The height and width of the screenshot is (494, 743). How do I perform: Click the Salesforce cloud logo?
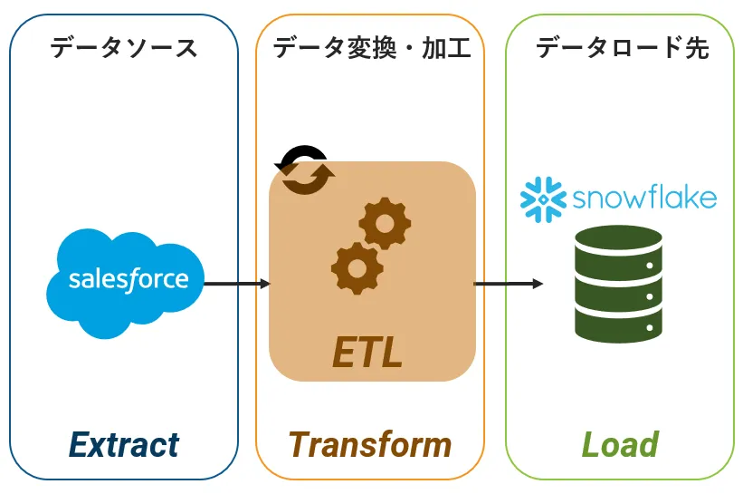(x=125, y=284)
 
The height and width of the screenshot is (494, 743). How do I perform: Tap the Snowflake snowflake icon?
(x=543, y=199)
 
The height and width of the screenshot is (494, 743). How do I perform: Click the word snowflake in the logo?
(x=644, y=198)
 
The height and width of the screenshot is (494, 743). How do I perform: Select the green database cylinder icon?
(x=618, y=284)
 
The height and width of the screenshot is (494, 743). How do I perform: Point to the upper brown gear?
(x=385, y=223)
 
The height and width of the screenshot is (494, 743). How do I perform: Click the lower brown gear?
(x=357, y=268)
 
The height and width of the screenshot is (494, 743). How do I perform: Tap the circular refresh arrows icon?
(x=305, y=170)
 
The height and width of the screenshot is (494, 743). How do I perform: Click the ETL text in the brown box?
(x=367, y=352)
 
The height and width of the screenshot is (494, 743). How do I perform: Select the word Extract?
(x=124, y=445)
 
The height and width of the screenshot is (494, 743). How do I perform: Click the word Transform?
(x=369, y=445)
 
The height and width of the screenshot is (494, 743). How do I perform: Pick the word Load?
(x=620, y=445)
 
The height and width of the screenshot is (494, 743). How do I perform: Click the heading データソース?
(x=124, y=48)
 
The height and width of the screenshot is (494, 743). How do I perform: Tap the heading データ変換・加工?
(x=372, y=48)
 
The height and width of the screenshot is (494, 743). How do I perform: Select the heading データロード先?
(x=622, y=48)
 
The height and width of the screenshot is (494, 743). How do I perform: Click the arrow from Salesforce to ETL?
(x=237, y=284)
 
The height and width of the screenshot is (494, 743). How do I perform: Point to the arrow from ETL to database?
(x=509, y=284)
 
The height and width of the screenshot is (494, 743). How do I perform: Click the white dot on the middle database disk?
(x=650, y=296)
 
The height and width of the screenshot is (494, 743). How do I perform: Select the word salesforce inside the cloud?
(x=129, y=279)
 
